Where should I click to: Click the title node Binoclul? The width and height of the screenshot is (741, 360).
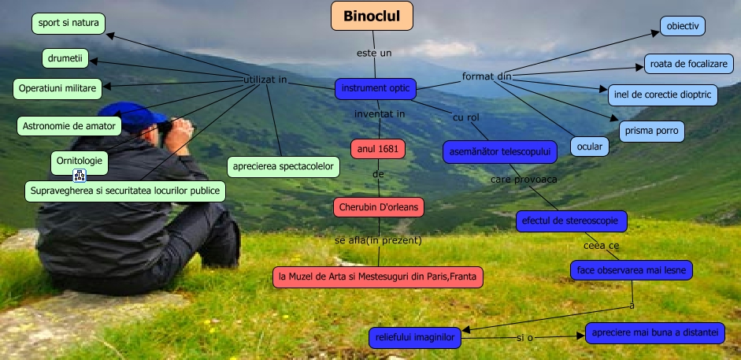coord(372,16)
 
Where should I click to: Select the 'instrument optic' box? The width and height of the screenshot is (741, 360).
coord(376,89)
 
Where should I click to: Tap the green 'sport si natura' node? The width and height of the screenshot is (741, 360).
coord(69,24)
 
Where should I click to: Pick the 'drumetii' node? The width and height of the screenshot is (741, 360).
coord(65,58)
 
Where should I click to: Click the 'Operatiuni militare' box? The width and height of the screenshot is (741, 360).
coord(57,89)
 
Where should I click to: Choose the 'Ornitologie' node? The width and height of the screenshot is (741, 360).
coord(79,161)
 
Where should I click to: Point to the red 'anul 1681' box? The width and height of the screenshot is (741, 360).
coord(378,150)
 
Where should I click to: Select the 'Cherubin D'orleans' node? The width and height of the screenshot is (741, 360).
coord(379,207)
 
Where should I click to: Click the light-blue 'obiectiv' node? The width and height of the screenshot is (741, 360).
coord(683,26)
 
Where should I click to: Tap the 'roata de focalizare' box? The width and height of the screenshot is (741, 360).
coord(689,64)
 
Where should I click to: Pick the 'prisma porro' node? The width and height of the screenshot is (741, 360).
coord(652,131)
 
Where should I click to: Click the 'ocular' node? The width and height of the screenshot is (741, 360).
coord(590,147)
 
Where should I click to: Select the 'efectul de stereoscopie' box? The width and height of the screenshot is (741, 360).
coord(572,221)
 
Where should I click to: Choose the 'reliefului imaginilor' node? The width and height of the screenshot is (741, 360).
coord(415,338)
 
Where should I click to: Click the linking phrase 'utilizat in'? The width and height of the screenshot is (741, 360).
coord(265,80)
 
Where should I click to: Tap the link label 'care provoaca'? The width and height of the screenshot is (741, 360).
coord(524,180)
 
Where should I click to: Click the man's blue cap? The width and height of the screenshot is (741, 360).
coord(132,115)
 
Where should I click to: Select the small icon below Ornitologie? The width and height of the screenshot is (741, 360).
coord(80,176)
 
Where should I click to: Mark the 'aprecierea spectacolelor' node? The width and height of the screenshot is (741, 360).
coord(283,167)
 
